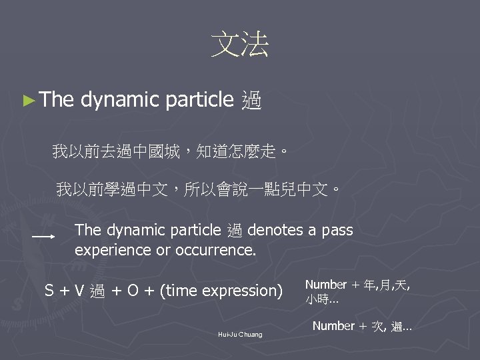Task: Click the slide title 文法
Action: click(239, 45)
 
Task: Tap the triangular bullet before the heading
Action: click(27, 101)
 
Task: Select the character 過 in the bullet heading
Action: click(252, 101)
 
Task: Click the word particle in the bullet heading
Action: click(197, 101)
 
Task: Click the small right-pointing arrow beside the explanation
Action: click(45, 237)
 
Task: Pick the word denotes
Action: click(274, 230)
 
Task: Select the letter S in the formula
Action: click(49, 291)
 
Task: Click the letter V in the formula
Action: click(79, 291)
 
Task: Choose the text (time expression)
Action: click(222, 291)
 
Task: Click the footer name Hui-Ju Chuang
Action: click(240, 334)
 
